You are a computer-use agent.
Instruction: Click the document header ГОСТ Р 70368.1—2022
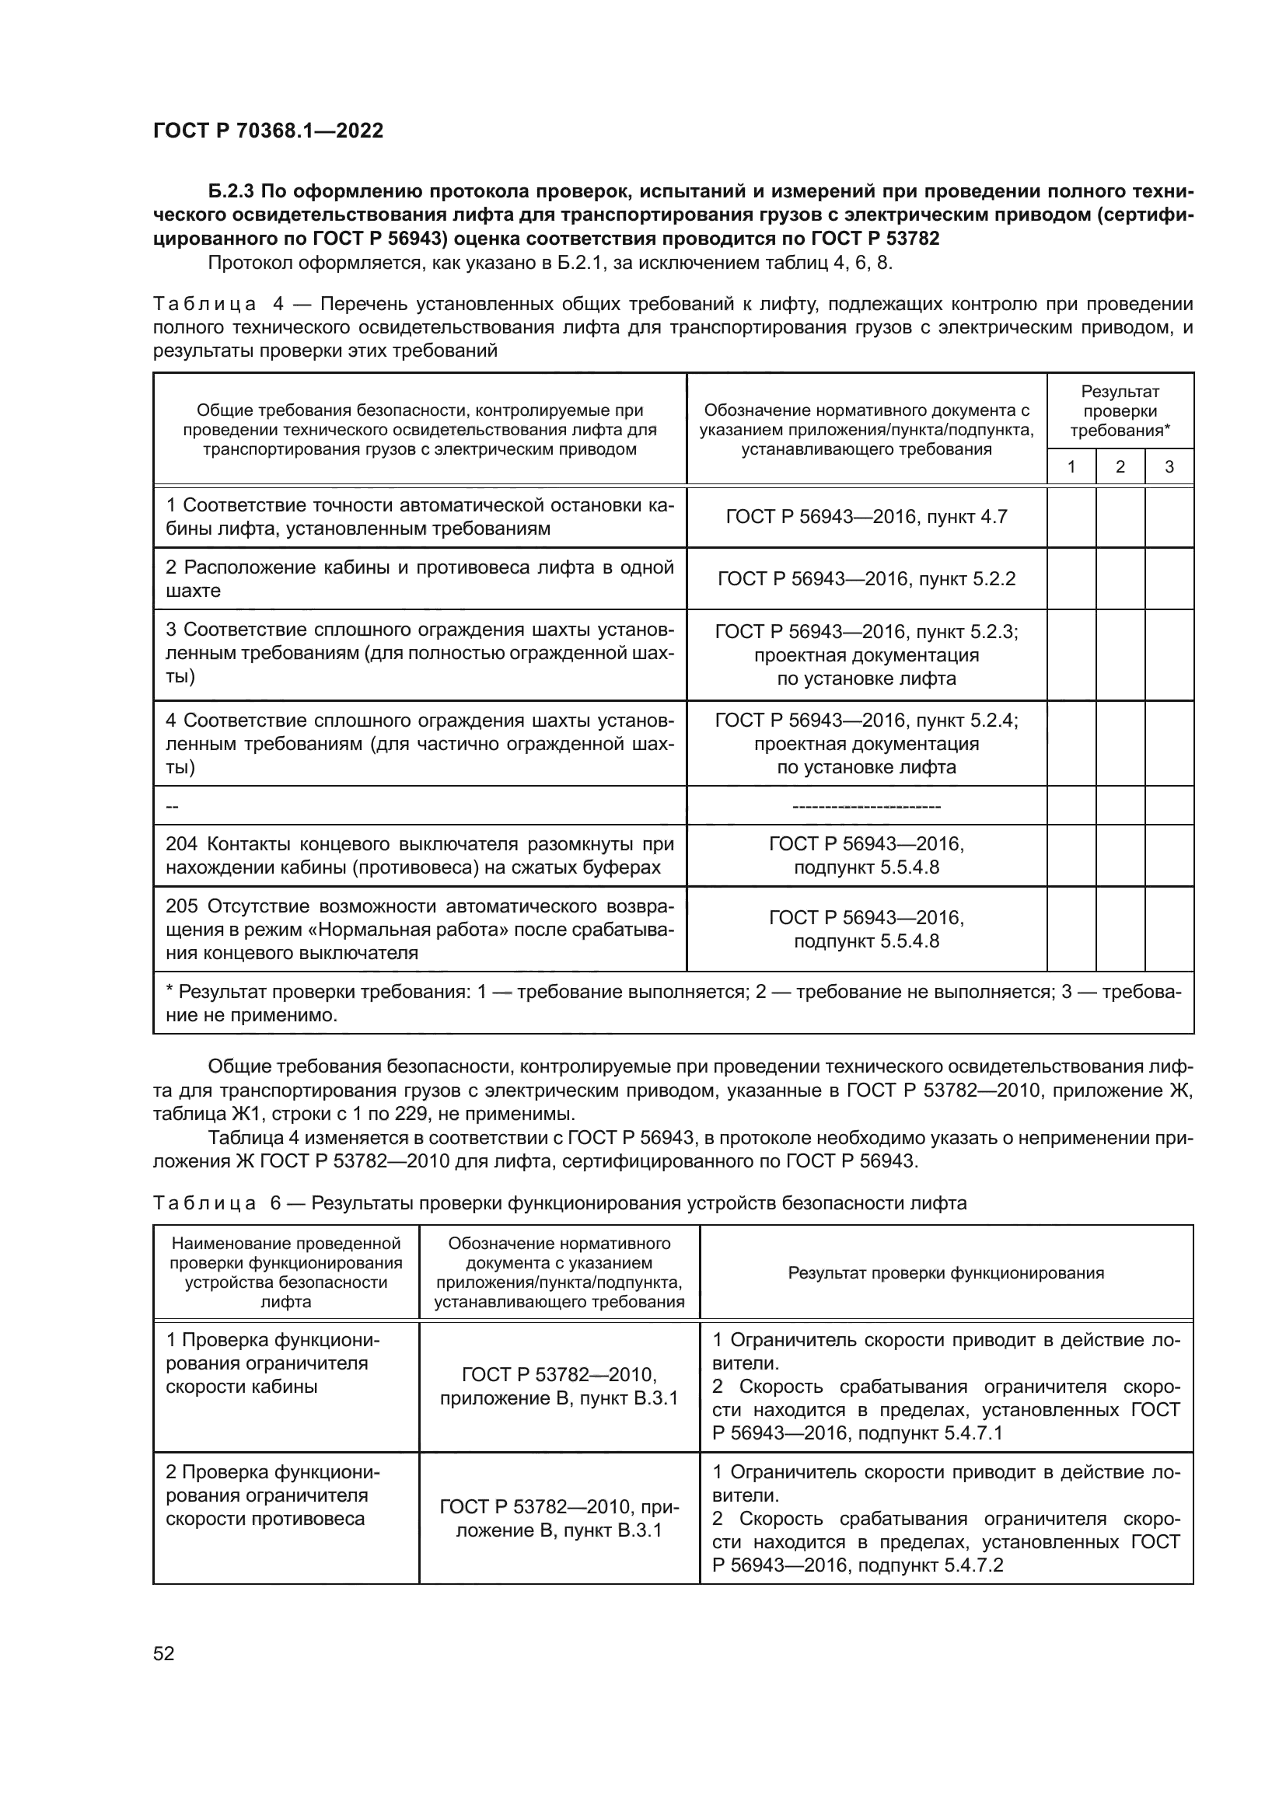(267, 131)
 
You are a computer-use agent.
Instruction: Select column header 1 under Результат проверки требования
(1071, 466)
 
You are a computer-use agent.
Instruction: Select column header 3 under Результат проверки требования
(1169, 466)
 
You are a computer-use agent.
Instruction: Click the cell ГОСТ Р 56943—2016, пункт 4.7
(866, 517)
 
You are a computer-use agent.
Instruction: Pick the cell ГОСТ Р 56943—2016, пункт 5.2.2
(866, 579)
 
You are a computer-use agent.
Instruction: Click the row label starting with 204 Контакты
(419, 855)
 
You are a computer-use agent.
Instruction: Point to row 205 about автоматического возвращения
(419, 929)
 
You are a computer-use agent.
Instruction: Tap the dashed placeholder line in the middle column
(866, 806)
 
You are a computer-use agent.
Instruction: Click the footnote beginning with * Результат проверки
(673, 1003)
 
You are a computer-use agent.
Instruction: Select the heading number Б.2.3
(232, 192)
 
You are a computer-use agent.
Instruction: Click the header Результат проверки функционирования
(945, 1272)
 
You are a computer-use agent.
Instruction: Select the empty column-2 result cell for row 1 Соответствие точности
(1120, 517)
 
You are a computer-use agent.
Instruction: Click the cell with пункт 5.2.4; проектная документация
(866, 744)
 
